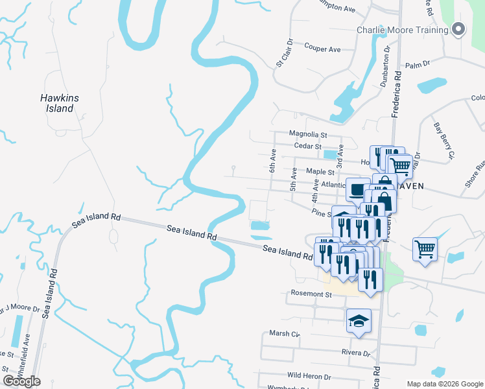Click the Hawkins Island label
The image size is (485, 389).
[x=60, y=103]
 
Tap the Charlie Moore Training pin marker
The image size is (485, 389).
[x=459, y=29]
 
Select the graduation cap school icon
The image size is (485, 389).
[x=359, y=320]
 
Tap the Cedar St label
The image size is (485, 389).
[x=309, y=147]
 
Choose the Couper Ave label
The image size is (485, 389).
[x=322, y=49]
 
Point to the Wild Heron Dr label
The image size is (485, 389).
[x=309, y=376]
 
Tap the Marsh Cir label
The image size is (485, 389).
[x=284, y=334]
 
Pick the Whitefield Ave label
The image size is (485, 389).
[x=27, y=350]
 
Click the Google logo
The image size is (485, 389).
[x=21, y=381]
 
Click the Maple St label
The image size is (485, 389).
[x=320, y=172]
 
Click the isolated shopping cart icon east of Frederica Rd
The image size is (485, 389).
[x=425, y=249]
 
